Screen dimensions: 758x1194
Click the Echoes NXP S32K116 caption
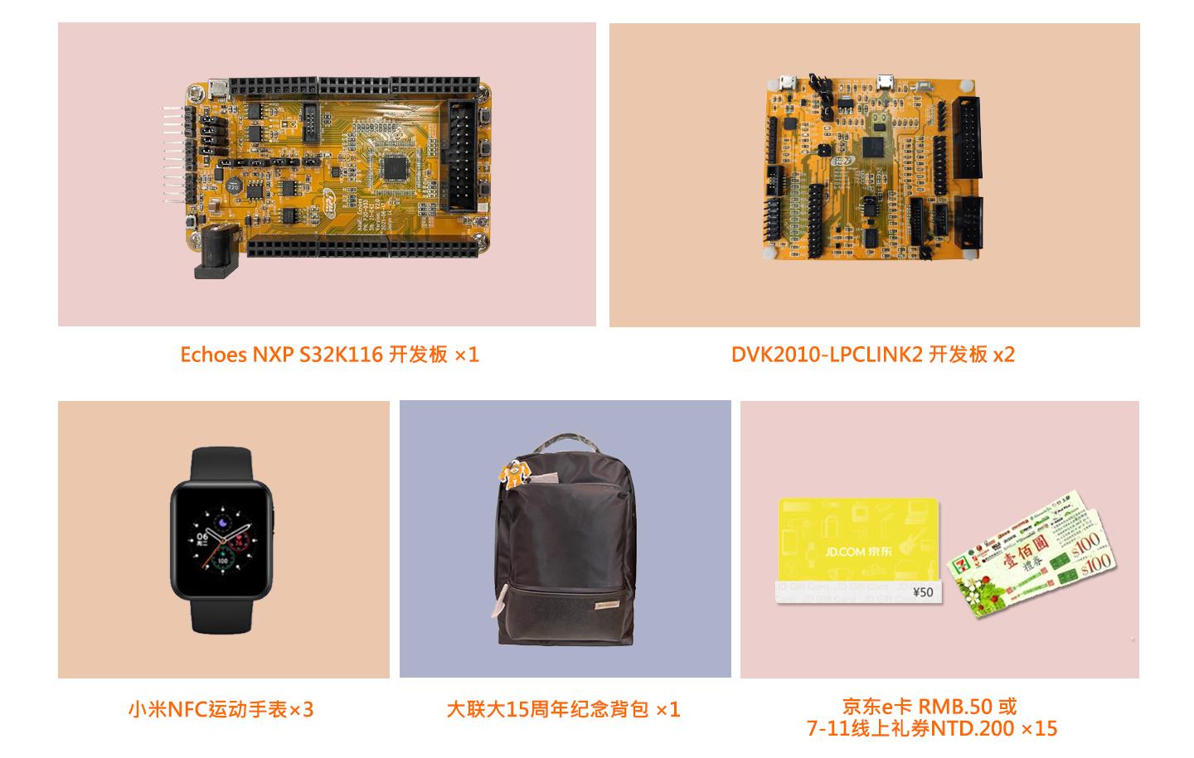click(x=329, y=355)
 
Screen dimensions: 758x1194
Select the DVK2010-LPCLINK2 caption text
click(x=872, y=355)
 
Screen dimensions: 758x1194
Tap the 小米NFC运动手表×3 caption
click(x=221, y=710)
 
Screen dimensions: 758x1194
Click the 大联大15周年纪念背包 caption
click(x=563, y=710)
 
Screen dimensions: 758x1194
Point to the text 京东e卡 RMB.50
click(x=929, y=707)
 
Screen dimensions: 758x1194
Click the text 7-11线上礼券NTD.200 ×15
click(x=932, y=729)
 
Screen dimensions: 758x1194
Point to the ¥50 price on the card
click(x=922, y=591)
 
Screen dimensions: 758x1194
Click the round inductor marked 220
click(x=234, y=184)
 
